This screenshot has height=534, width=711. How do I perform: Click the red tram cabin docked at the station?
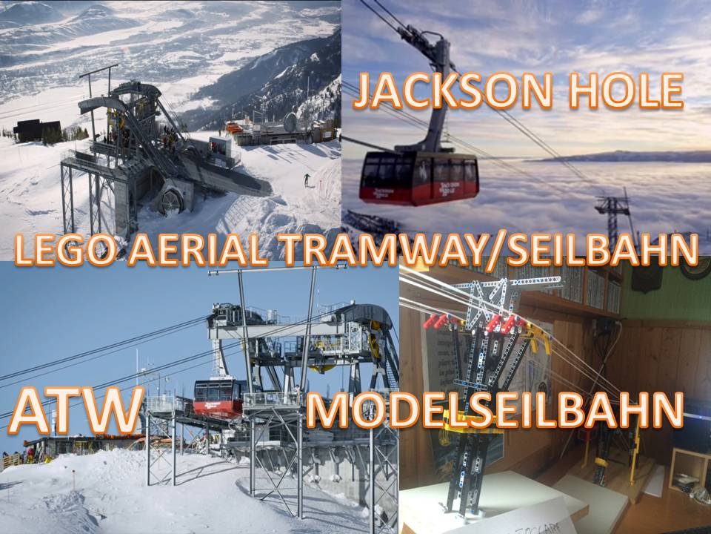219,396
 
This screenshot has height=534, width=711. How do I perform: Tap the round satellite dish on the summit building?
291,121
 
